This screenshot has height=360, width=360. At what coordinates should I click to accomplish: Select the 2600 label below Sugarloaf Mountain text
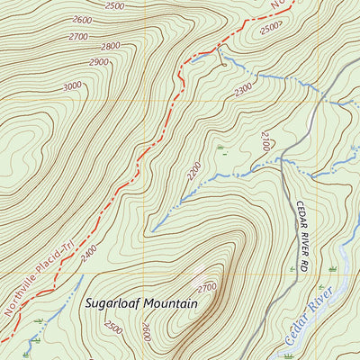coord(147,334)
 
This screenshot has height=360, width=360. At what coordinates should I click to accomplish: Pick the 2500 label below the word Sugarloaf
coord(114,329)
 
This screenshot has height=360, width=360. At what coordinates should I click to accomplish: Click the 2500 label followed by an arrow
coord(269,29)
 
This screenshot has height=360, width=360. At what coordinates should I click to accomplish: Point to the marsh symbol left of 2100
coord(220,146)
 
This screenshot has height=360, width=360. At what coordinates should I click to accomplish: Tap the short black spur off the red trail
coord(220,56)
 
